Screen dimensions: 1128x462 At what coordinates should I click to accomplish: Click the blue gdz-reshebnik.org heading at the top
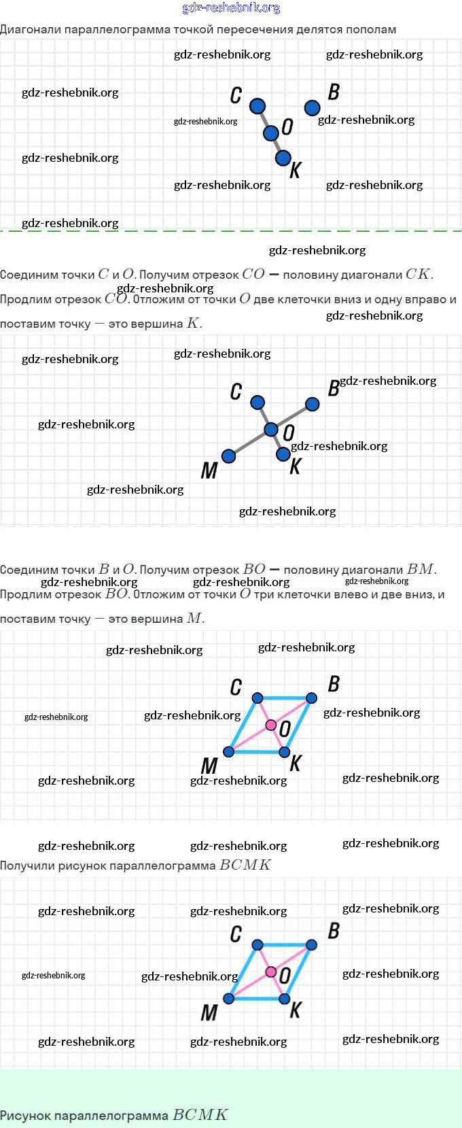[231, 8]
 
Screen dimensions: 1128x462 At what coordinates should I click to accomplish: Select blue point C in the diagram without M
[257, 106]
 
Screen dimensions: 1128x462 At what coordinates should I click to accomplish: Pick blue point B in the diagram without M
[313, 107]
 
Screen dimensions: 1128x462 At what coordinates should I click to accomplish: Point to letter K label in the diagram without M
[295, 170]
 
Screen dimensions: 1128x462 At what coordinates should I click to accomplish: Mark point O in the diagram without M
[271, 133]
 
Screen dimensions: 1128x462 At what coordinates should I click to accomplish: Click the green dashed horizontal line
[231, 231]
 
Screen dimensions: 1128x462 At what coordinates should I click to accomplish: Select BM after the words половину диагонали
[421, 570]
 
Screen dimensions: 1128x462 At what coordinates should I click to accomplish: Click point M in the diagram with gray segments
[229, 456]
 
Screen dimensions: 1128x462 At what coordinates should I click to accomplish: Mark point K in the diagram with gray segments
[283, 454]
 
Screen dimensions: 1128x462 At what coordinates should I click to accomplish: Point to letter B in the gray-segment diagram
[334, 388]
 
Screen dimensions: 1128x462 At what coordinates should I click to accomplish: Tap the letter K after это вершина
[193, 324]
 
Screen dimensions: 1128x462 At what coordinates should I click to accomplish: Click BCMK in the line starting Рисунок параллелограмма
[200, 1115]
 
